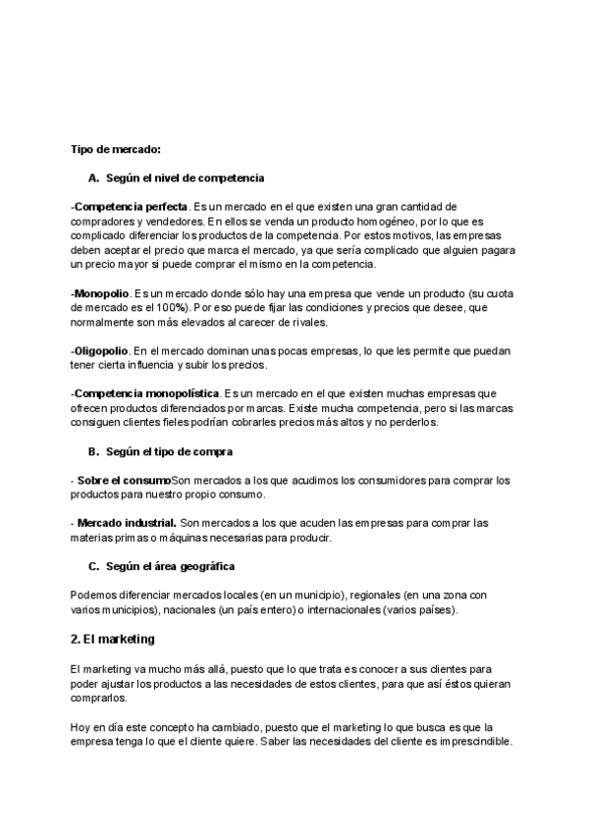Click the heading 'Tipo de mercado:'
116,149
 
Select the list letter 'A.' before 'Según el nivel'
94,178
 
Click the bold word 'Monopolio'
102,293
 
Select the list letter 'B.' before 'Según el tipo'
94,451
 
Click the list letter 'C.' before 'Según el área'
94,566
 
